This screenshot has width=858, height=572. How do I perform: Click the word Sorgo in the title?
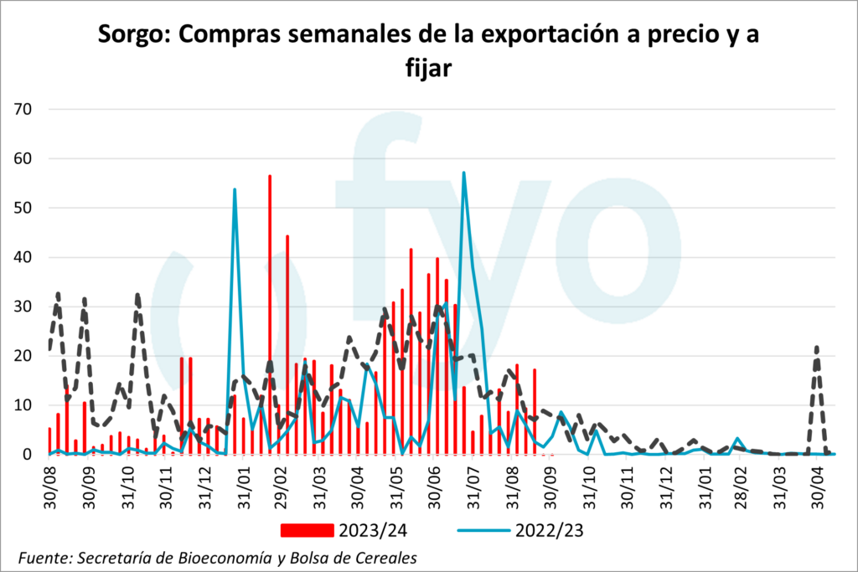(132, 36)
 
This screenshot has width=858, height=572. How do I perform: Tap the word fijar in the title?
(429, 69)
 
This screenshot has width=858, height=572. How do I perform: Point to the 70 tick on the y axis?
(23, 109)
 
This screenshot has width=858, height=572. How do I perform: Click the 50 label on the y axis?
(23, 208)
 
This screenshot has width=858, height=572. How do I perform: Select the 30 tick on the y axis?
(23, 307)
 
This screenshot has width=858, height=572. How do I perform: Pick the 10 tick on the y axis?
(23, 405)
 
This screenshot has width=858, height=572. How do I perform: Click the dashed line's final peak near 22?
(817, 347)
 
